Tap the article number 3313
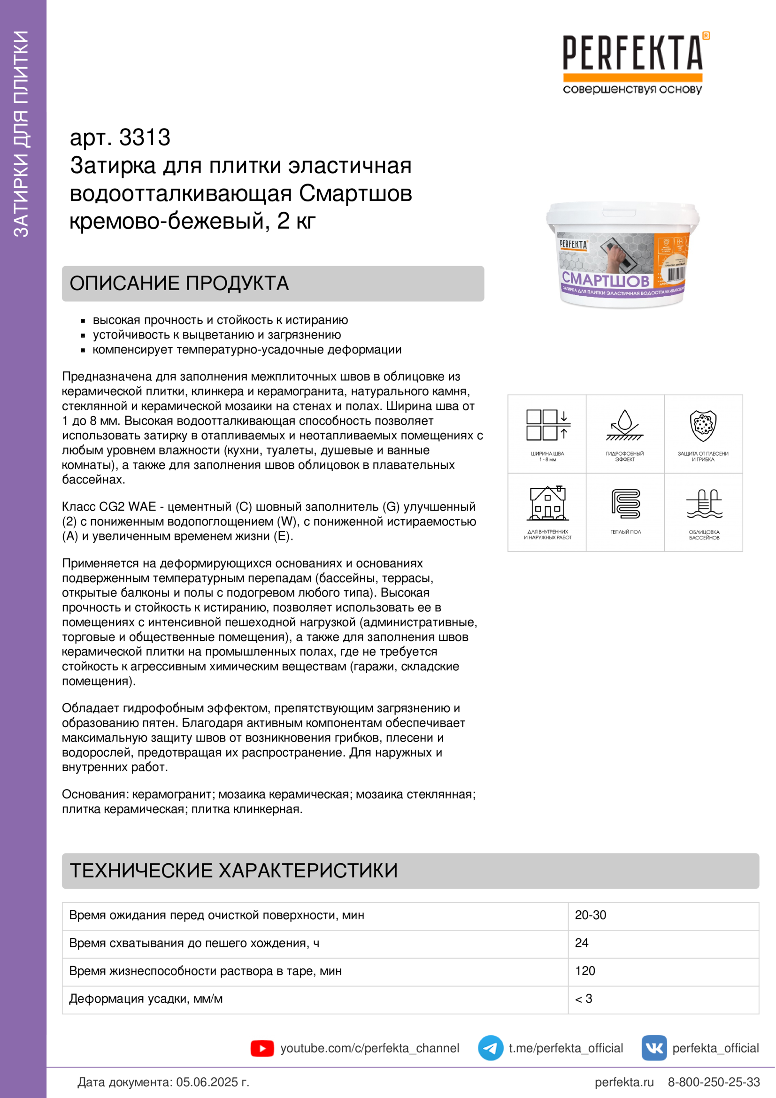point(145,138)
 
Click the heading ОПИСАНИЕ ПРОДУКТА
point(179,284)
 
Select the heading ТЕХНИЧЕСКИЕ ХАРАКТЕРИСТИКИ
point(234,870)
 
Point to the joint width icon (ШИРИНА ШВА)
point(547,425)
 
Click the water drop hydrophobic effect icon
point(624,425)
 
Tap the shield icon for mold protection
point(703,425)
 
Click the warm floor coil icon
point(625,503)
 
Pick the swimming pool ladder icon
point(704,503)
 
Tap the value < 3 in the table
point(584,998)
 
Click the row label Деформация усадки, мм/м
point(146,998)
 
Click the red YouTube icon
point(262,1048)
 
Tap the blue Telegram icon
point(491,1048)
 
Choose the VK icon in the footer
point(654,1048)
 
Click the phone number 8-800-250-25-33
point(714,1082)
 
